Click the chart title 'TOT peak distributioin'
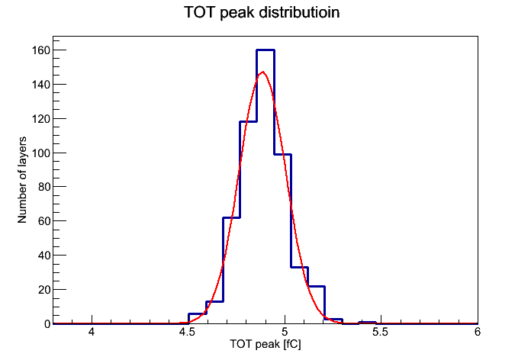pyautogui.click(x=262, y=12)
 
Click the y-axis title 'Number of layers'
pyautogui.click(x=22, y=180)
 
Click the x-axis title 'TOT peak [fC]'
pyautogui.click(x=265, y=344)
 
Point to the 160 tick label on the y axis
pyautogui.click(x=41, y=50)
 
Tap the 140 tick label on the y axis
pyautogui.click(x=41, y=85)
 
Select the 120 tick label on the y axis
pyautogui.click(x=41, y=119)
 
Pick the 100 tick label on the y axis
pyautogui.click(x=41, y=153)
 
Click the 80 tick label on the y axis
pyautogui.click(x=44, y=187)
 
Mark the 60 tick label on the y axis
pyautogui.click(x=44, y=221)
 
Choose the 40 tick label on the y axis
pyautogui.click(x=44, y=256)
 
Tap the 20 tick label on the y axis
pyautogui.click(x=44, y=290)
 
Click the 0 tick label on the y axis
pyautogui.click(x=47, y=324)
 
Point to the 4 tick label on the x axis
pyautogui.click(x=92, y=332)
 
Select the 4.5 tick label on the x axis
pyautogui.click(x=187, y=332)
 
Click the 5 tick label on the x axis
pyautogui.click(x=285, y=332)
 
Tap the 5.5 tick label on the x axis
pyautogui.click(x=380, y=332)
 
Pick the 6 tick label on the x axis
pyautogui.click(x=478, y=332)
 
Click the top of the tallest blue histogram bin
pyautogui.click(x=265, y=50)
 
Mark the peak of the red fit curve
pyautogui.click(x=263, y=72)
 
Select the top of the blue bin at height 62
pyautogui.click(x=232, y=217)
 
